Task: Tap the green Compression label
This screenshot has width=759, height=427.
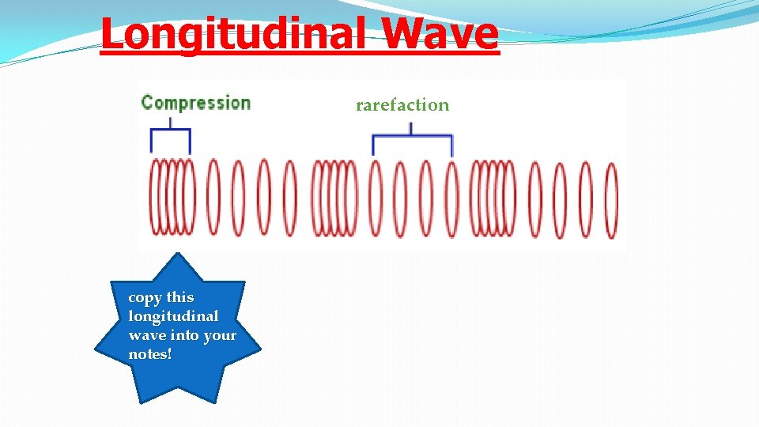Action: coord(195,103)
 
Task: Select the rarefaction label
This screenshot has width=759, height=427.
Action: coord(402,105)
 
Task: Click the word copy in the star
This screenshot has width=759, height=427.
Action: coord(144,297)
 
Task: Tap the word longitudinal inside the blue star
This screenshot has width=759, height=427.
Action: coord(173,316)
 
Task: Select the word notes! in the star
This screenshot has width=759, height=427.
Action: coord(149,354)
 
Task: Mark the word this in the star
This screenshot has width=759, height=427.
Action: coord(179,297)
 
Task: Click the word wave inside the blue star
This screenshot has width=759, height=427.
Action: coord(145,335)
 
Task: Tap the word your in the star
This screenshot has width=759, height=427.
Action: coord(220,335)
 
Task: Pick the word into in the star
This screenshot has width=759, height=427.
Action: coord(183,335)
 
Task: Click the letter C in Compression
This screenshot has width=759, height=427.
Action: coord(147,103)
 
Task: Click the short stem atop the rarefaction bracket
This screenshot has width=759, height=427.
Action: coord(411,129)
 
